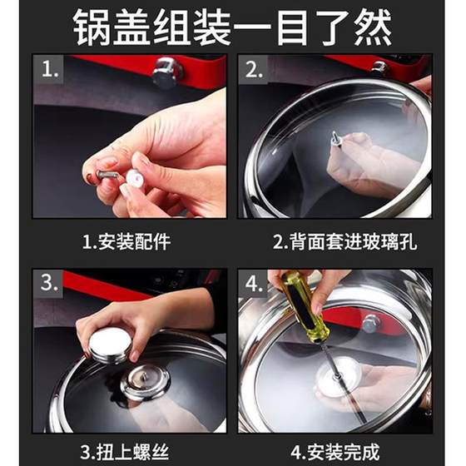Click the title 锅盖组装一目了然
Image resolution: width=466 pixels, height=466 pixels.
[232, 27]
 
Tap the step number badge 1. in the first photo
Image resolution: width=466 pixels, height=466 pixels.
[49, 70]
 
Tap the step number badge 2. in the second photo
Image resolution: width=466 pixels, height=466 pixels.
[254, 70]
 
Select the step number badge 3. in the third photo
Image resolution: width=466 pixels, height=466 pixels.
[49, 283]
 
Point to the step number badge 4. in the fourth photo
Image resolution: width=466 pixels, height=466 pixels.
[254, 283]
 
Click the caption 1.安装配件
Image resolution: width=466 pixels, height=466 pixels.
[126, 242]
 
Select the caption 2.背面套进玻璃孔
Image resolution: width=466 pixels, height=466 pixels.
[345, 242]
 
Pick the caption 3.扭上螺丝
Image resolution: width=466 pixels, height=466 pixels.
[125, 452]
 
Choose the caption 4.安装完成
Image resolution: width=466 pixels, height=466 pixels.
[335, 452]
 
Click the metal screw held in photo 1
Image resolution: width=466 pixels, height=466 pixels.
[109, 174]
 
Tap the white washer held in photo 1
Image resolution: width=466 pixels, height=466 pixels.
[135, 179]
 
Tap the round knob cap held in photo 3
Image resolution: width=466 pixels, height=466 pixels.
[110, 347]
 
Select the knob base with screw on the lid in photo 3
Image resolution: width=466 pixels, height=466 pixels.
[146, 382]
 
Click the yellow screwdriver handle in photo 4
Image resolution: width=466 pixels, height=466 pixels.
[305, 308]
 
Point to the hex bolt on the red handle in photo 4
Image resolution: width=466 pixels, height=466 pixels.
[370, 323]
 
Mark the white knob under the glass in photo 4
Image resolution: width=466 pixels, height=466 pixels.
[338, 375]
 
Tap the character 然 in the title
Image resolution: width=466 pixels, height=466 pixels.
[373, 27]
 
